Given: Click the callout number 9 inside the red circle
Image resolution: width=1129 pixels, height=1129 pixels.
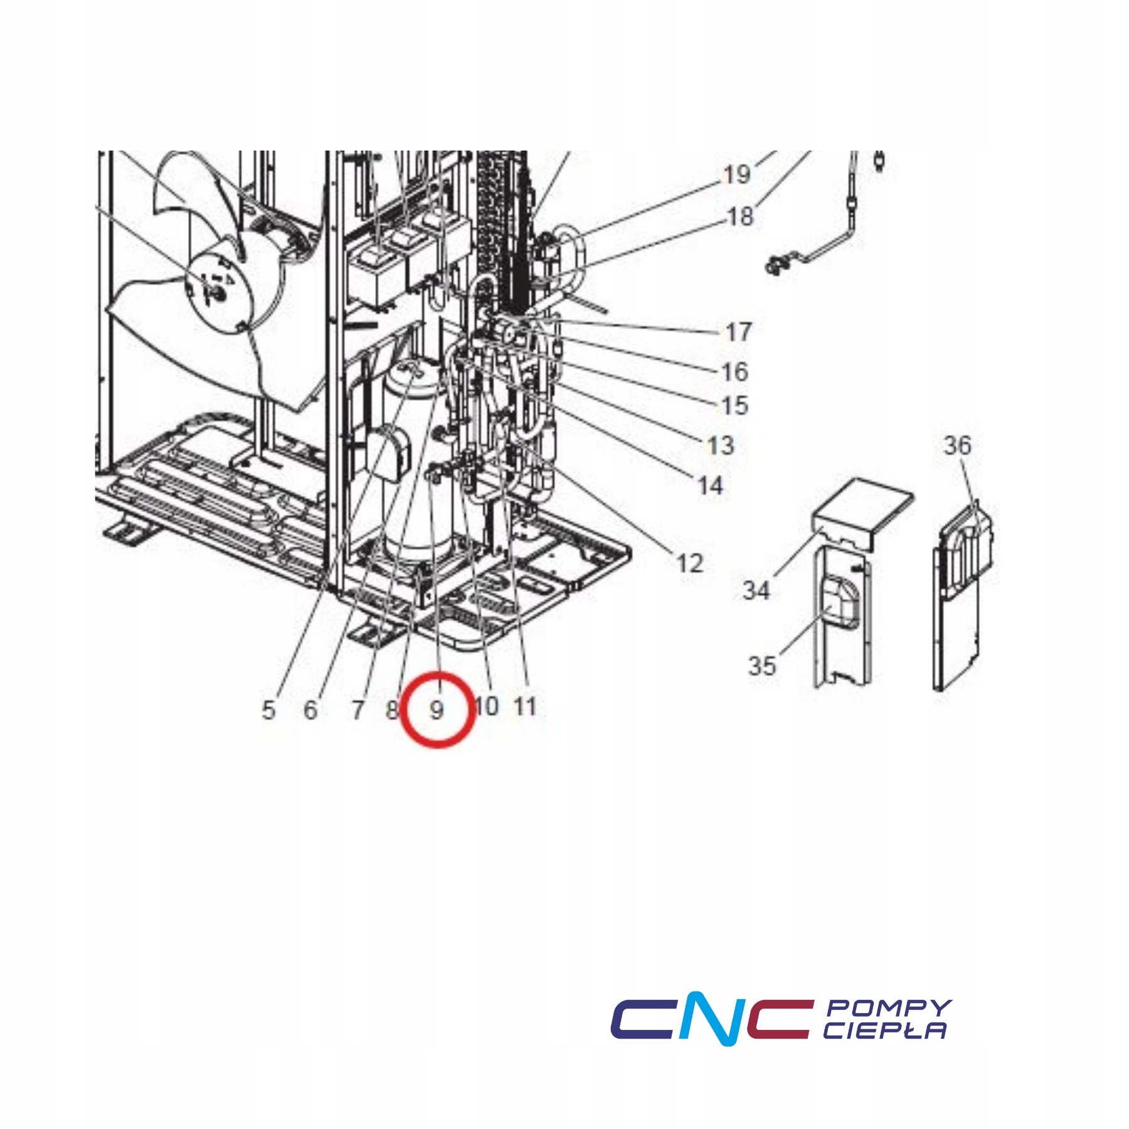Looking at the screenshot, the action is [437, 710].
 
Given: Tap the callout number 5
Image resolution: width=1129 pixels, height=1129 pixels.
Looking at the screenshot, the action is [268, 710].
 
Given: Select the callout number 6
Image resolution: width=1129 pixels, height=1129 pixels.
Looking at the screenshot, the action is [310, 710].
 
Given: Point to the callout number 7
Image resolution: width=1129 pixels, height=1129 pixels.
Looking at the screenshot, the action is [358, 710].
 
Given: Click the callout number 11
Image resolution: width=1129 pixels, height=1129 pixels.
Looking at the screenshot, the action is [525, 706].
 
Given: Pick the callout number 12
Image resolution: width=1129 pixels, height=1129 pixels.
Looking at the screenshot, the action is [690, 563].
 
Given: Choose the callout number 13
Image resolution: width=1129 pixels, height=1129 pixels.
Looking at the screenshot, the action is [721, 445].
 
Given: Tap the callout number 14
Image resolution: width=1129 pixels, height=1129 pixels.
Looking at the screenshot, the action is [710, 485].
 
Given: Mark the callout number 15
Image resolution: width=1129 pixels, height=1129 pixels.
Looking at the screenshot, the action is [734, 405].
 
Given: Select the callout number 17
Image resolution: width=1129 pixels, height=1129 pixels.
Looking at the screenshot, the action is [739, 332].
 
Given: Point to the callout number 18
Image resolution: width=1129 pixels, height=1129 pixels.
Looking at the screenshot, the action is [740, 217].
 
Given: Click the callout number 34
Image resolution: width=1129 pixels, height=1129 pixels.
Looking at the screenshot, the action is [756, 590].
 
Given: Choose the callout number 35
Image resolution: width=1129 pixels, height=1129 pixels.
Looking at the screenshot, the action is [762, 665].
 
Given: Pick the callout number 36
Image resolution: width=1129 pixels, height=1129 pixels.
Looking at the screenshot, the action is [958, 445].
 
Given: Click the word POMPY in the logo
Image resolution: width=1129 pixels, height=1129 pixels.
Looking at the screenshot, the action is [889, 1008].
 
